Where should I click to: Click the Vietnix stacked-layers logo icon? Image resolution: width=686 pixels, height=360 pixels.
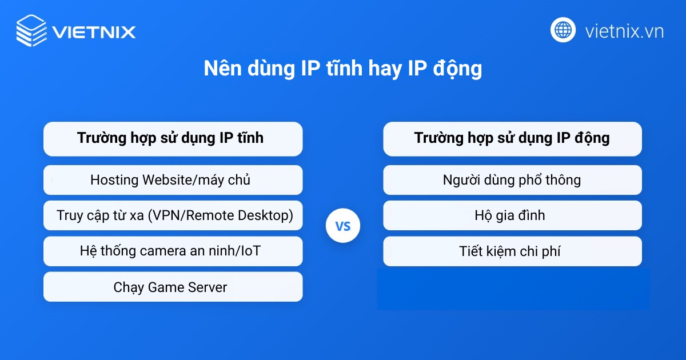point(31,30)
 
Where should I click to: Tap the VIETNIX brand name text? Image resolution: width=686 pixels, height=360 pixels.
point(94,31)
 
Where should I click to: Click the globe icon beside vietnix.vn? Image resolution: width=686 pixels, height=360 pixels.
point(563,30)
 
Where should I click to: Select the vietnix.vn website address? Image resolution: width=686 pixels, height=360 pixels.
point(624,31)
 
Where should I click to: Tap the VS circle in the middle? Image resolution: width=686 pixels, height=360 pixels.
point(343,226)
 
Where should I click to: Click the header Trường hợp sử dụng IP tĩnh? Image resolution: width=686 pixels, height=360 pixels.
point(173,138)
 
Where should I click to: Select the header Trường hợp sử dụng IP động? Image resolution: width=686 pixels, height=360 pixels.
point(512,138)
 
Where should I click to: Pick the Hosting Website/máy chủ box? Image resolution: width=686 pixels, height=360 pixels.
point(173,180)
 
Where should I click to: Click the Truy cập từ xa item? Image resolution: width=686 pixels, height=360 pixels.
point(173,215)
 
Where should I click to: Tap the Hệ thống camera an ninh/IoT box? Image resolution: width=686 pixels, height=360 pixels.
point(173,251)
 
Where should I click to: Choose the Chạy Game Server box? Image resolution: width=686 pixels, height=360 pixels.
point(173,287)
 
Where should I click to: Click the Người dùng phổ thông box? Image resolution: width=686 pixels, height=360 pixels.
point(512,180)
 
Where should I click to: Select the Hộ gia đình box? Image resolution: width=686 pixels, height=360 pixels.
point(512,215)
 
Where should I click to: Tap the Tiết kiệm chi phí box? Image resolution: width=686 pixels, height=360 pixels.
point(512,251)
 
